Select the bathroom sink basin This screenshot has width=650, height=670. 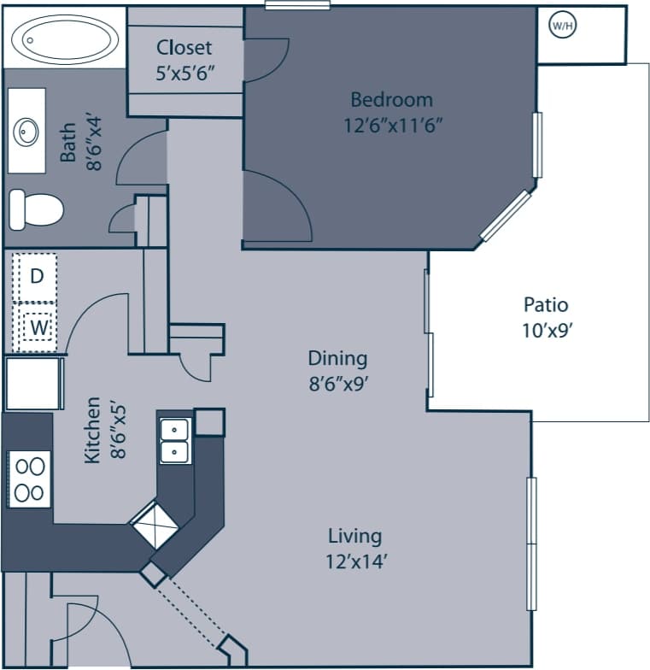(x=26, y=132)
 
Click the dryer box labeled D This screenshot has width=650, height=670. (x=35, y=277)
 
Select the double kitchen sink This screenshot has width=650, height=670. (x=174, y=440)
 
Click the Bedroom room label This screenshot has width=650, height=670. (x=391, y=100)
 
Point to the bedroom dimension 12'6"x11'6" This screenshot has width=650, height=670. (x=393, y=125)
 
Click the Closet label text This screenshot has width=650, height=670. (x=184, y=48)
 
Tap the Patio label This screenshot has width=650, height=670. (x=546, y=305)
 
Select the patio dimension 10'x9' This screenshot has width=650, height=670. (x=546, y=331)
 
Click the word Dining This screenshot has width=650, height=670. (x=337, y=358)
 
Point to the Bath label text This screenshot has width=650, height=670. (x=67, y=142)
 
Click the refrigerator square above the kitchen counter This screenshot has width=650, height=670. (x=34, y=384)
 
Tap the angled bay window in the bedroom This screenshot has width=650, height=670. (x=506, y=215)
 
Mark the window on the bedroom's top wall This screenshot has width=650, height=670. (x=297, y=5)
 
